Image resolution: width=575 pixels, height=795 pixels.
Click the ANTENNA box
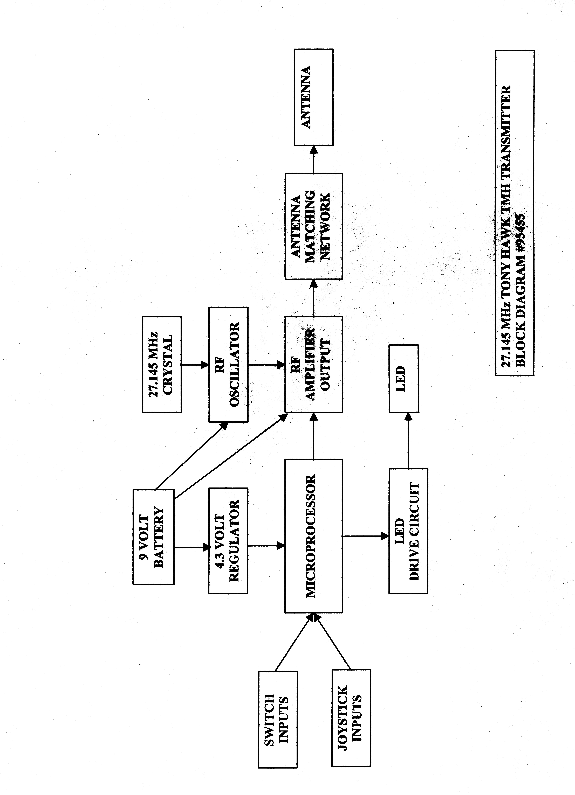coord(313,97)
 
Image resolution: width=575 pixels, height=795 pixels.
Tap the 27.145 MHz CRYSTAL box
coord(162,365)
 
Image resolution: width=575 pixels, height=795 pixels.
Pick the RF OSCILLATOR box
coord(228,365)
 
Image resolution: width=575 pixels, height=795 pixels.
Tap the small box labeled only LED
coord(403,379)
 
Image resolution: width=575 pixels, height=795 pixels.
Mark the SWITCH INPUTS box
coord(278,721)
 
